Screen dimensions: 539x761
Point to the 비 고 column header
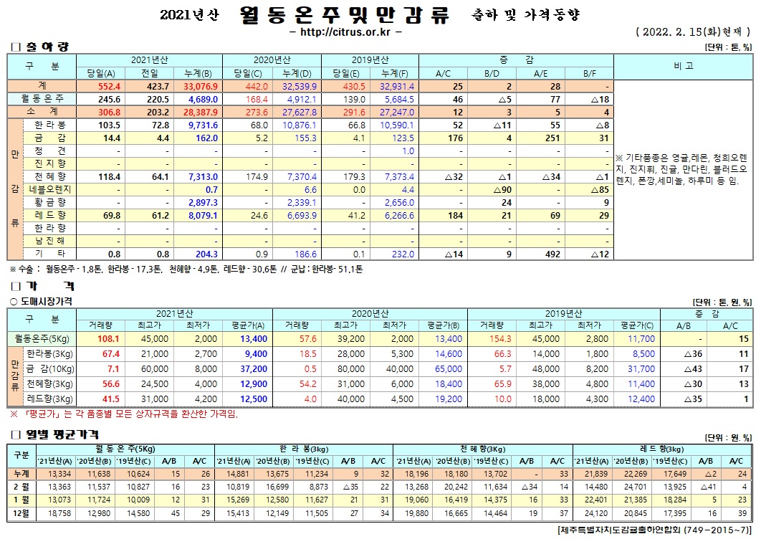(x=684, y=66)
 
